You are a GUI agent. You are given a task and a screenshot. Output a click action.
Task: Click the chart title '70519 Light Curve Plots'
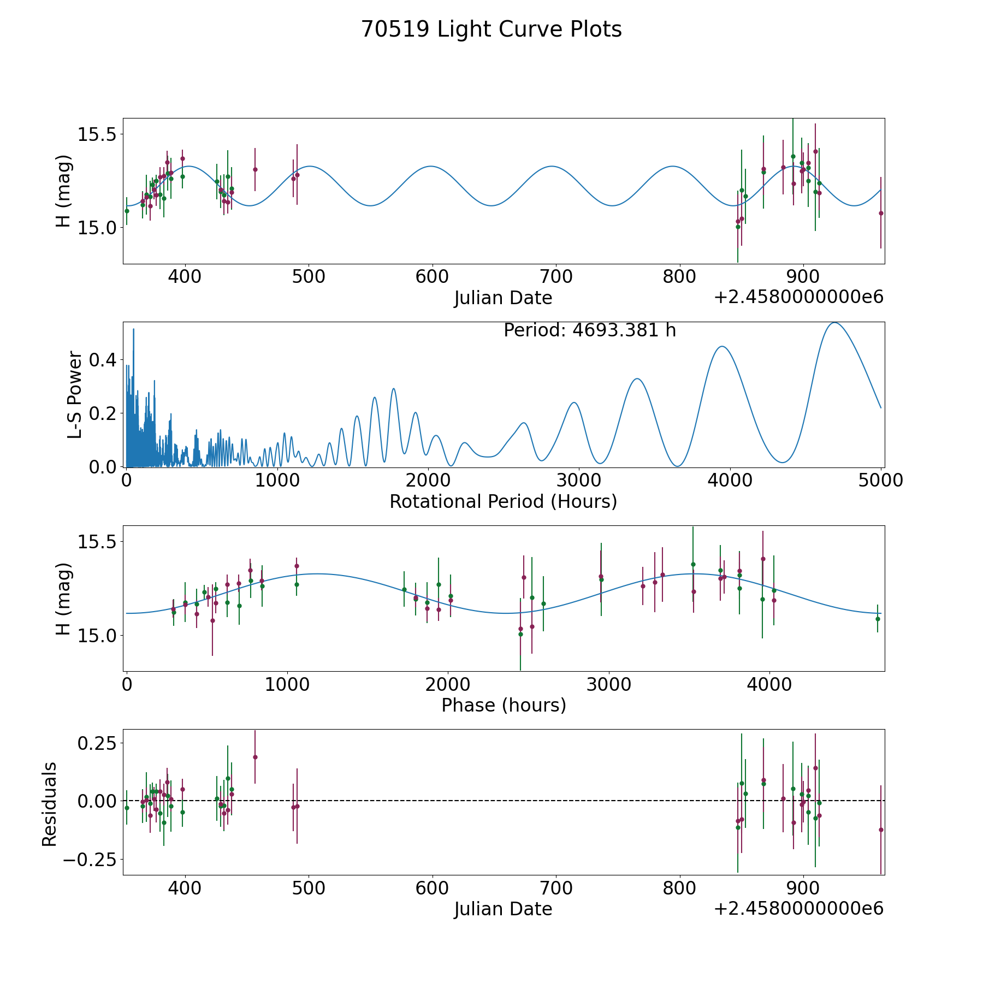pos(491,29)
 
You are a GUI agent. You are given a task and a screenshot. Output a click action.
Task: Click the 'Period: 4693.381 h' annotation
pos(590,330)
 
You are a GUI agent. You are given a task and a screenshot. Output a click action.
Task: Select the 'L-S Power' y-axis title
pos(75,394)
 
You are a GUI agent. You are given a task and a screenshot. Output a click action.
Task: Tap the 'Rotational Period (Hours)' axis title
pos(503,501)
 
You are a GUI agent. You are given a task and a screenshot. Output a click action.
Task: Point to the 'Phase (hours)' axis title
pos(504,705)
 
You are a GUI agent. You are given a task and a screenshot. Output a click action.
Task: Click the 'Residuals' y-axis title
pos(50,804)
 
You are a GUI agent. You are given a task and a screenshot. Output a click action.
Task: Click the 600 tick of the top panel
pos(432,276)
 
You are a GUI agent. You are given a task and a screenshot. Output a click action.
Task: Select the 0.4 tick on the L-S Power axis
pos(102,360)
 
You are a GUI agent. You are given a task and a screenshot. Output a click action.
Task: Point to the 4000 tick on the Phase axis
pos(769,684)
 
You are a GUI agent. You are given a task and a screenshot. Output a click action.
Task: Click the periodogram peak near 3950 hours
pos(722,346)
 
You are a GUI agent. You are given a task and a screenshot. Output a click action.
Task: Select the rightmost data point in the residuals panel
pos(880,830)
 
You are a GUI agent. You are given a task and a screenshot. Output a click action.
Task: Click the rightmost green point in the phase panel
pos(878,619)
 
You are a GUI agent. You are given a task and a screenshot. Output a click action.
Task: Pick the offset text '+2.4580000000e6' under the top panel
pos(798,297)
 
